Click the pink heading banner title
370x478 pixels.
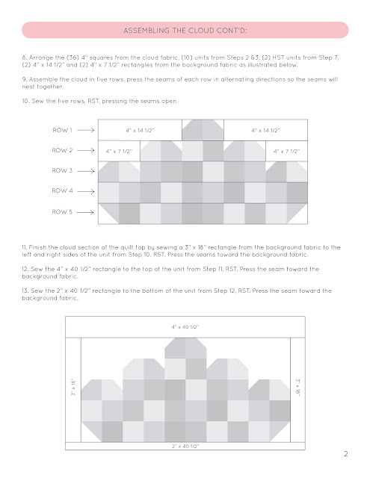coord(185,31)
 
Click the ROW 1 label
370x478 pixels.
coord(62,130)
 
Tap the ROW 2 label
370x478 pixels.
coord(62,150)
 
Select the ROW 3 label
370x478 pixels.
coord(62,170)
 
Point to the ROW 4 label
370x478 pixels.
coord(62,191)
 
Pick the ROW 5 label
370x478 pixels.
coord(62,211)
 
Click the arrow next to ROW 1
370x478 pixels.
coord(86,130)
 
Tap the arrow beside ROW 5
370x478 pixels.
coord(85,212)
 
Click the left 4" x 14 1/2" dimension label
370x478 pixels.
coord(140,131)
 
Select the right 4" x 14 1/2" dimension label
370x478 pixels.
coord(265,131)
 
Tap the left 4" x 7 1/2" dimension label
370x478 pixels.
coord(119,151)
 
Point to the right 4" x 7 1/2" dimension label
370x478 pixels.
coord(286,151)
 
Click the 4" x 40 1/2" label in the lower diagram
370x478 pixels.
coord(185,327)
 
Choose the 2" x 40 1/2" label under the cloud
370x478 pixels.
coord(185,447)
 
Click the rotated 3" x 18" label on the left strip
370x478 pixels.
coord(73,388)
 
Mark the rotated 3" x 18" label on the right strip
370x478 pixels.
coord(297,388)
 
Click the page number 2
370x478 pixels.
coord(346,454)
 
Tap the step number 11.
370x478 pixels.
coord(25,247)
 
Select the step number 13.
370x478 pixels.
coord(25,291)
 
